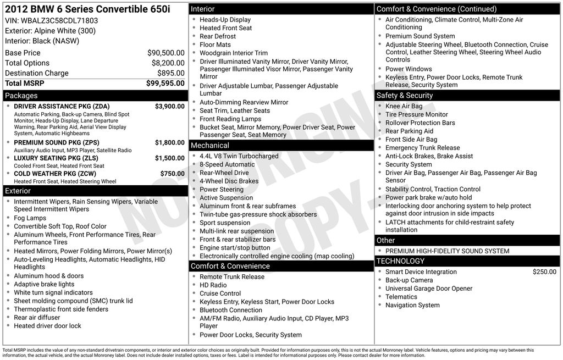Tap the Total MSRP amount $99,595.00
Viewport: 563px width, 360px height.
(x=165, y=84)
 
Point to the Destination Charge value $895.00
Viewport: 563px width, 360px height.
(x=170, y=73)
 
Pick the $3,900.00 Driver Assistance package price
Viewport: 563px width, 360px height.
(x=169, y=107)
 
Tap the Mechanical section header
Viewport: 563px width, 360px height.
(x=209, y=146)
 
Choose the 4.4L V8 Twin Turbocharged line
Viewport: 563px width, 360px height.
(x=239, y=156)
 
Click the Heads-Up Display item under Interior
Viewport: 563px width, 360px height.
(x=225, y=20)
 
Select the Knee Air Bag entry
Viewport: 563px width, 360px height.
(x=404, y=106)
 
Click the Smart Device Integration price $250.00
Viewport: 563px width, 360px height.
(x=544, y=272)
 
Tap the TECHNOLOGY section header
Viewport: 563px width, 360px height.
(x=400, y=261)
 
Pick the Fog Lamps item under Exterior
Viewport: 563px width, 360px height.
(x=30, y=218)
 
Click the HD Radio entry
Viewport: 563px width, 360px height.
(x=213, y=285)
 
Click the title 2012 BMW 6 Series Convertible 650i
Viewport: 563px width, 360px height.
(x=87, y=9)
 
